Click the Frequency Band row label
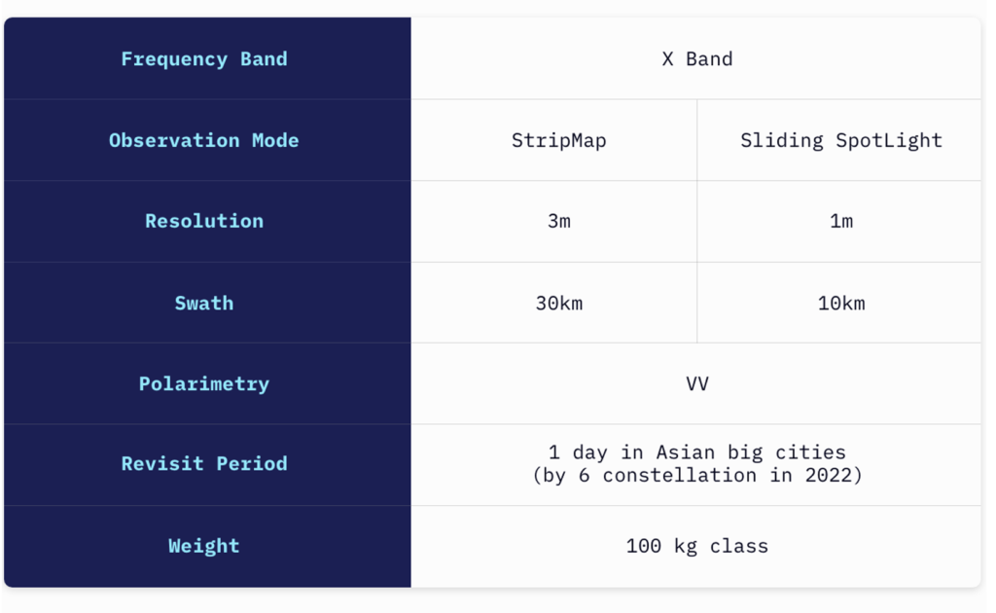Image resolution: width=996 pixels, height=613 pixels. point(204,59)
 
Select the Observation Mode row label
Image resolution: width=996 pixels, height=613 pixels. point(204,140)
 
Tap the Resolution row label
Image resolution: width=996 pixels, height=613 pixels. point(204,221)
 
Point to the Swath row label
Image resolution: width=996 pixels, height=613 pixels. point(204,303)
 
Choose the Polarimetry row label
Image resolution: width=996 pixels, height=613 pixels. point(204,383)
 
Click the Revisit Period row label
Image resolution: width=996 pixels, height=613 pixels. point(204,464)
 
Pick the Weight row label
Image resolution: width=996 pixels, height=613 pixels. point(204,546)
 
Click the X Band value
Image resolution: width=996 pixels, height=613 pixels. point(696,59)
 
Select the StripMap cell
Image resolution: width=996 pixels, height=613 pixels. point(558,140)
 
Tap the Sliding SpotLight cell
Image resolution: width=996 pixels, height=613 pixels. point(841,140)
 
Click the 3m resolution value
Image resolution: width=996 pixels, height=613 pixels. point(558,221)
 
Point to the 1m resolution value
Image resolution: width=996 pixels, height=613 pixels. point(841,221)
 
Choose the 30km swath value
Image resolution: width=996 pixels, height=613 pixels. point(558,303)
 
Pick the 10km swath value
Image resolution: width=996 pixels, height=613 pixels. point(841,303)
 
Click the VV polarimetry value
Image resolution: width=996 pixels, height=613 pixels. point(696,383)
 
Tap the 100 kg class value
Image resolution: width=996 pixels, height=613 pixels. point(696,546)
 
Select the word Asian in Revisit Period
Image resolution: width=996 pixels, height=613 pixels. point(685,452)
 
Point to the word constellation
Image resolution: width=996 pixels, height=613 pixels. point(679,475)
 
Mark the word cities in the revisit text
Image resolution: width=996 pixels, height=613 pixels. point(810,452)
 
